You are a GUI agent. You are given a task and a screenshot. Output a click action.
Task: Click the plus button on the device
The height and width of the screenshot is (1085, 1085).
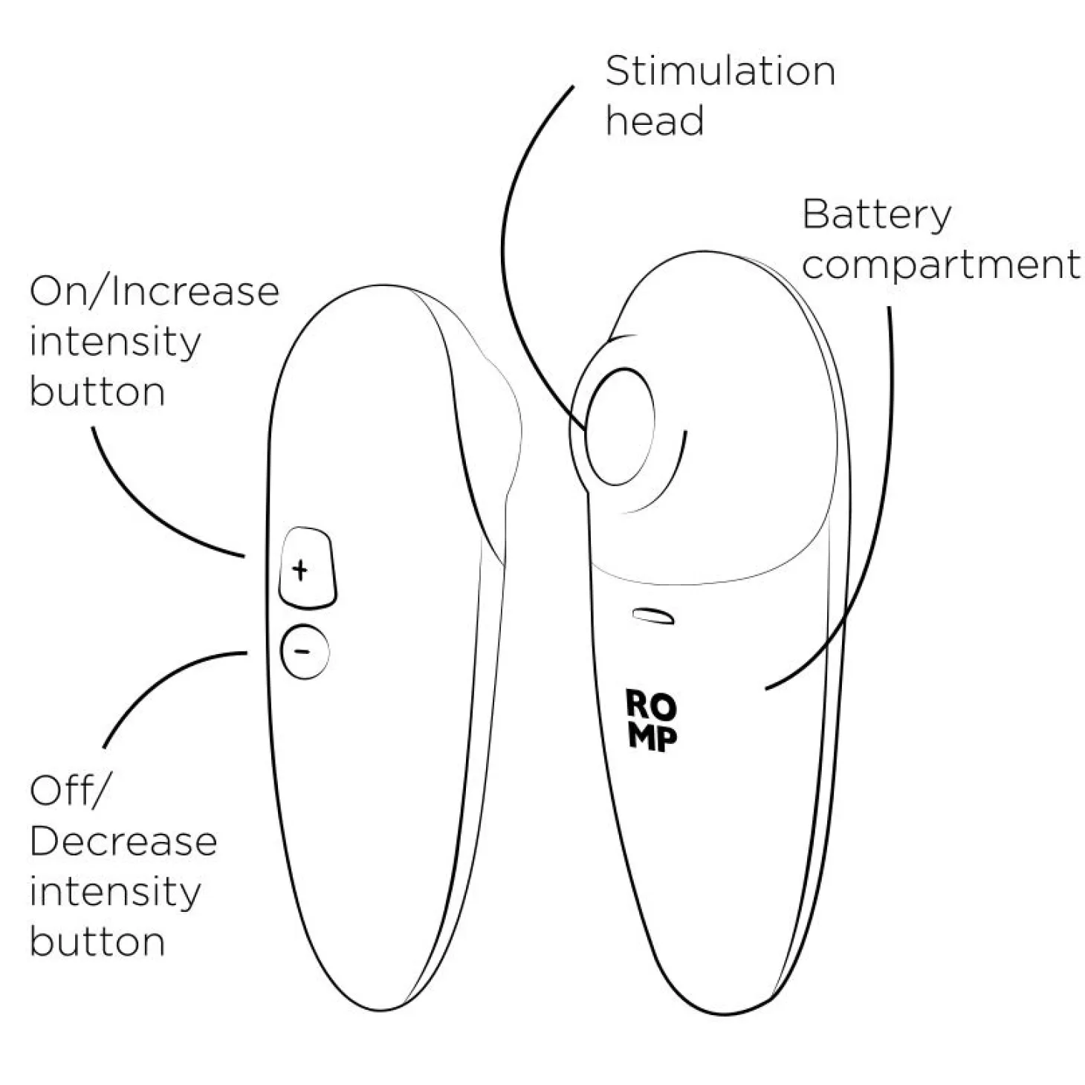[x=308, y=568]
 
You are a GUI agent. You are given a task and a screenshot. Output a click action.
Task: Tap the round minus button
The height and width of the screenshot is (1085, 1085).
[x=304, y=652]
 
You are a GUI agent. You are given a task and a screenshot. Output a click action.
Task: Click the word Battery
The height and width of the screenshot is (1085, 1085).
[x=877, y=216]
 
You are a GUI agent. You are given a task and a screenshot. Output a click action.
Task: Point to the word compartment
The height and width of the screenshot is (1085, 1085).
[x=941, y=265]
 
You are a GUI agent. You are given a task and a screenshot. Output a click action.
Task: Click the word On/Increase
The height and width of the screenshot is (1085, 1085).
[x=155, y=291]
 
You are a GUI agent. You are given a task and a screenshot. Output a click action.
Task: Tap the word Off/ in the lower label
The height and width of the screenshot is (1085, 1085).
[x=67, y=791]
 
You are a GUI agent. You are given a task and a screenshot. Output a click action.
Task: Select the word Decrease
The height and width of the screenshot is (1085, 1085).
[x=123, y=841]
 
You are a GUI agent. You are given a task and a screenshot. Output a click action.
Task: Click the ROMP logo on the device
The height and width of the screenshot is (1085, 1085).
[x=652, y=721]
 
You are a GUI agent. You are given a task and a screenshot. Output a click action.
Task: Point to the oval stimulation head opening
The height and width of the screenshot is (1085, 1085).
[x=619, y=427]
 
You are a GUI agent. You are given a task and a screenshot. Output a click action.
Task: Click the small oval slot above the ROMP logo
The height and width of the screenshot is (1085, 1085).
[x=653, y=616]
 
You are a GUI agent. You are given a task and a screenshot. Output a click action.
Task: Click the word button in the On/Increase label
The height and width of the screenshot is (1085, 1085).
[x=97, y=392]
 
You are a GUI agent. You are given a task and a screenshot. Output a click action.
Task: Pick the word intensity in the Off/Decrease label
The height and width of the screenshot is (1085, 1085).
[x=115, y=893]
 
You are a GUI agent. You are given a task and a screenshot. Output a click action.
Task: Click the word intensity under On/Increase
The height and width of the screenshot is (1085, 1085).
[x=115, y=343]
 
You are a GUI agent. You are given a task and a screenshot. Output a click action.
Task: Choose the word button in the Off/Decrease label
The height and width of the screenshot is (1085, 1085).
[x=97, y=942]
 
